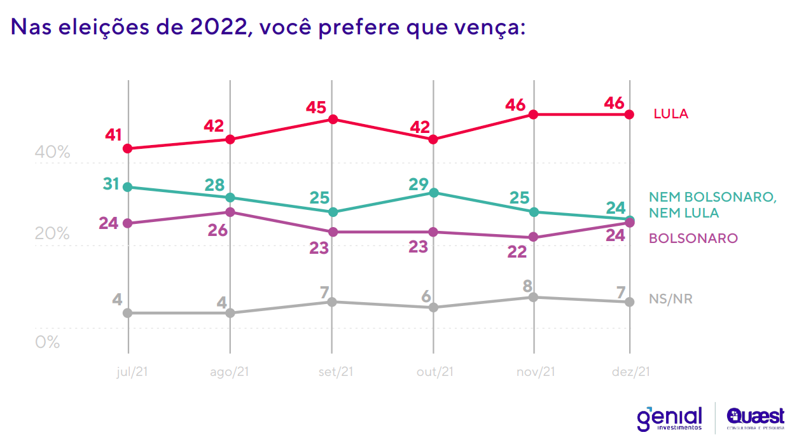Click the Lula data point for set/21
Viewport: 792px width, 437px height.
click(331, 119)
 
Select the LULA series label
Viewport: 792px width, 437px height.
click(670, 114)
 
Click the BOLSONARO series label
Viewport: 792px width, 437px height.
click(693, 238)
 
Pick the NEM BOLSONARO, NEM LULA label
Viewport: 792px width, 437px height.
click(712, 204)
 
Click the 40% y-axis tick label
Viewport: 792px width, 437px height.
click(52, 153)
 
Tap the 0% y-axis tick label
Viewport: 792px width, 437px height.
click(47, 342)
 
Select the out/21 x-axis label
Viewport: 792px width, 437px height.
click(434, 372)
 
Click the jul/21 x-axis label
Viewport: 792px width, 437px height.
click(132, 372)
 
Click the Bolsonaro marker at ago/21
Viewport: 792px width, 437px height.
click(230, 212)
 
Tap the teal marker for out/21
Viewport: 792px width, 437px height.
click(433, 192)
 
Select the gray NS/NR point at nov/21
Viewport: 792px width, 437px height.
click(534, 297)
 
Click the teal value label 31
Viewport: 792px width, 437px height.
click(112, 184)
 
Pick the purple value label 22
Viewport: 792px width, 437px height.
click(517, 251)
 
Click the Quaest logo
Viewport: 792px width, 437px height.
click(755, 417)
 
